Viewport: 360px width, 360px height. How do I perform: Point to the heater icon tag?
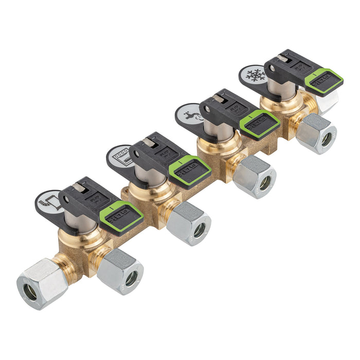pos(49,201)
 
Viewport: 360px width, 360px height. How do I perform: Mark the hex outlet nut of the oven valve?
pos(189,223)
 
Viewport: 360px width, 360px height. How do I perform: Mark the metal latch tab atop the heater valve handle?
pos(79,188)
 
